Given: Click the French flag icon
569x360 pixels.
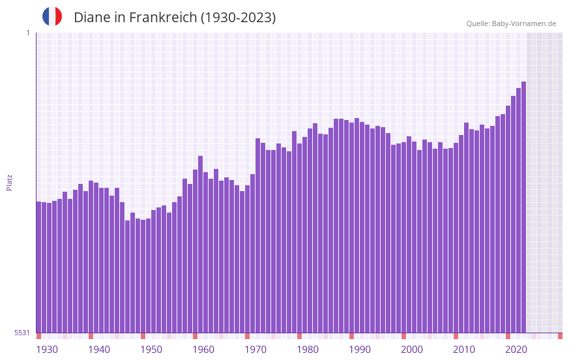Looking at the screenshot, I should point(52,16).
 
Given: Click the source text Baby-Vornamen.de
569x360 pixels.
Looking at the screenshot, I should point(524,23).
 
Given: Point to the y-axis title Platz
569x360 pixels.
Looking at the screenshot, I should point(9,182).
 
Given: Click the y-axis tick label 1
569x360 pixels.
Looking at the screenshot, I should point(27,33).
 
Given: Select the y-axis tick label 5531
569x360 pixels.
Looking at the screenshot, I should point(22,333).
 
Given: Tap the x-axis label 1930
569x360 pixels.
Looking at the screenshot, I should point(47,350).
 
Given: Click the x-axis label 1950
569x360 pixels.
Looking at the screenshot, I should point(151,350).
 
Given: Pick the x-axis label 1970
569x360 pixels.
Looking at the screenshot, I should point(255,350).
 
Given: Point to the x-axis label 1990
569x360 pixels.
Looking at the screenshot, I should point(360,350).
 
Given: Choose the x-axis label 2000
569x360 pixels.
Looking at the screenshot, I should point(412,350).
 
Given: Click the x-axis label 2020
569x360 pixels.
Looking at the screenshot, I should point(516,350).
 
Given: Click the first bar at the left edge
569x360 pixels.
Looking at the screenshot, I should point(38,267).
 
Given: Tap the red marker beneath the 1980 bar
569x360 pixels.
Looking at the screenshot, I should point(299,336).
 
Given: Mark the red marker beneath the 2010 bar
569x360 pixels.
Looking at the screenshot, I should point(456,336).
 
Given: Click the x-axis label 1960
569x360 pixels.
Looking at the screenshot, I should point(203,350).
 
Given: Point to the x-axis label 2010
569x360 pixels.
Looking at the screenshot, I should point(464,350).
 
